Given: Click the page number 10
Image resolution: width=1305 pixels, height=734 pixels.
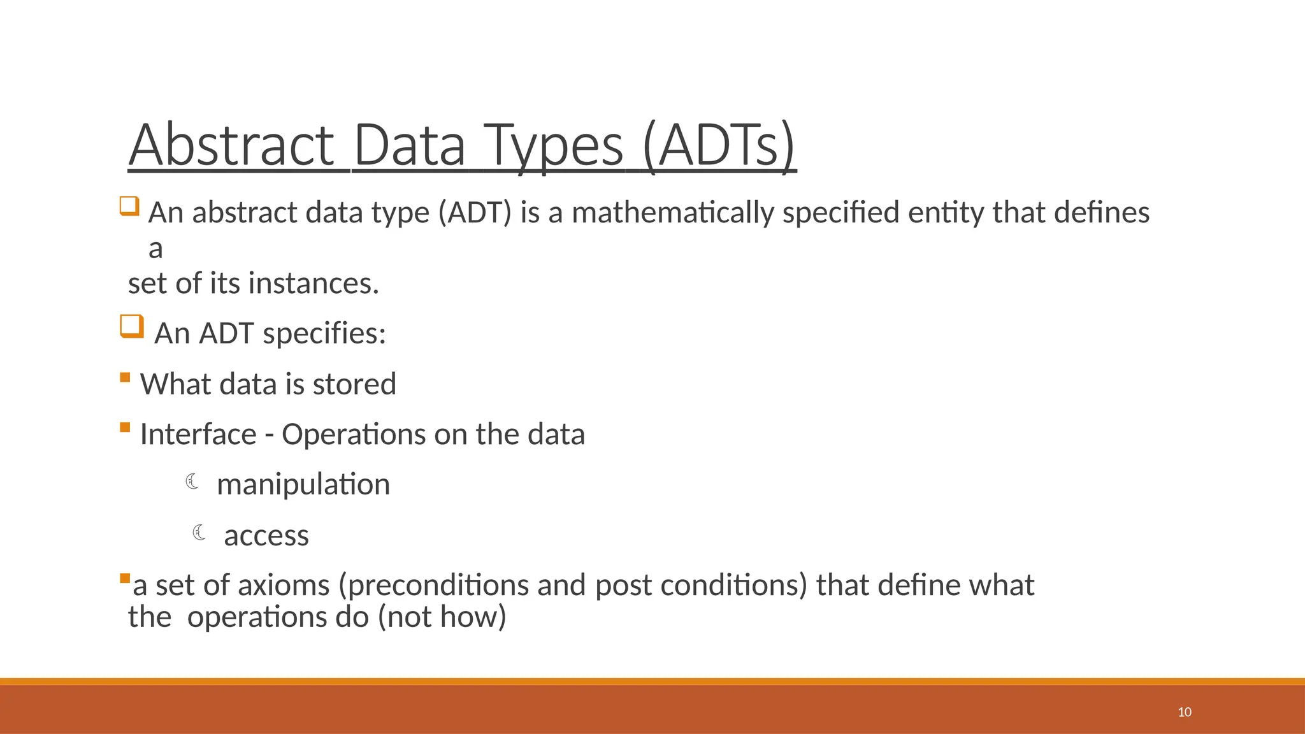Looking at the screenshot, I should [1185, 712].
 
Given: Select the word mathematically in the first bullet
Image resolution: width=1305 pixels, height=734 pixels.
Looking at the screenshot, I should [673, 213].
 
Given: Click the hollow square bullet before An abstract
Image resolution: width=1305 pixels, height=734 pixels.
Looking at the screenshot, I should [129, 206].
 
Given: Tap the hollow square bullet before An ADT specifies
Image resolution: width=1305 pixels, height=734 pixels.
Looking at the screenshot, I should [132, 327].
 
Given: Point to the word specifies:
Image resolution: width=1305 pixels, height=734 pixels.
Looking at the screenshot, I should [324, 334].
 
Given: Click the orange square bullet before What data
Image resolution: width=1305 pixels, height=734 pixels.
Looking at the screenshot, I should [125, 378].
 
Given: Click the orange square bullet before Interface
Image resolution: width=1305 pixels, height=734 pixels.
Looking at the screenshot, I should [125, 428].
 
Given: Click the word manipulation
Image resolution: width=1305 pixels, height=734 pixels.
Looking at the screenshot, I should [303, 485].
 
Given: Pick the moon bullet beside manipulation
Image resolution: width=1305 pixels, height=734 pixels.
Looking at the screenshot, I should [192, 482].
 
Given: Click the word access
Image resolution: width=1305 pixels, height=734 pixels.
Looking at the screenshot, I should [266, 536].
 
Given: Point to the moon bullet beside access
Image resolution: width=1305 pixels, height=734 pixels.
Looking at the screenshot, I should [199, 532].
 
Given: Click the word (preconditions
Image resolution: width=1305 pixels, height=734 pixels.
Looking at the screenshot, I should [433, 586].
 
